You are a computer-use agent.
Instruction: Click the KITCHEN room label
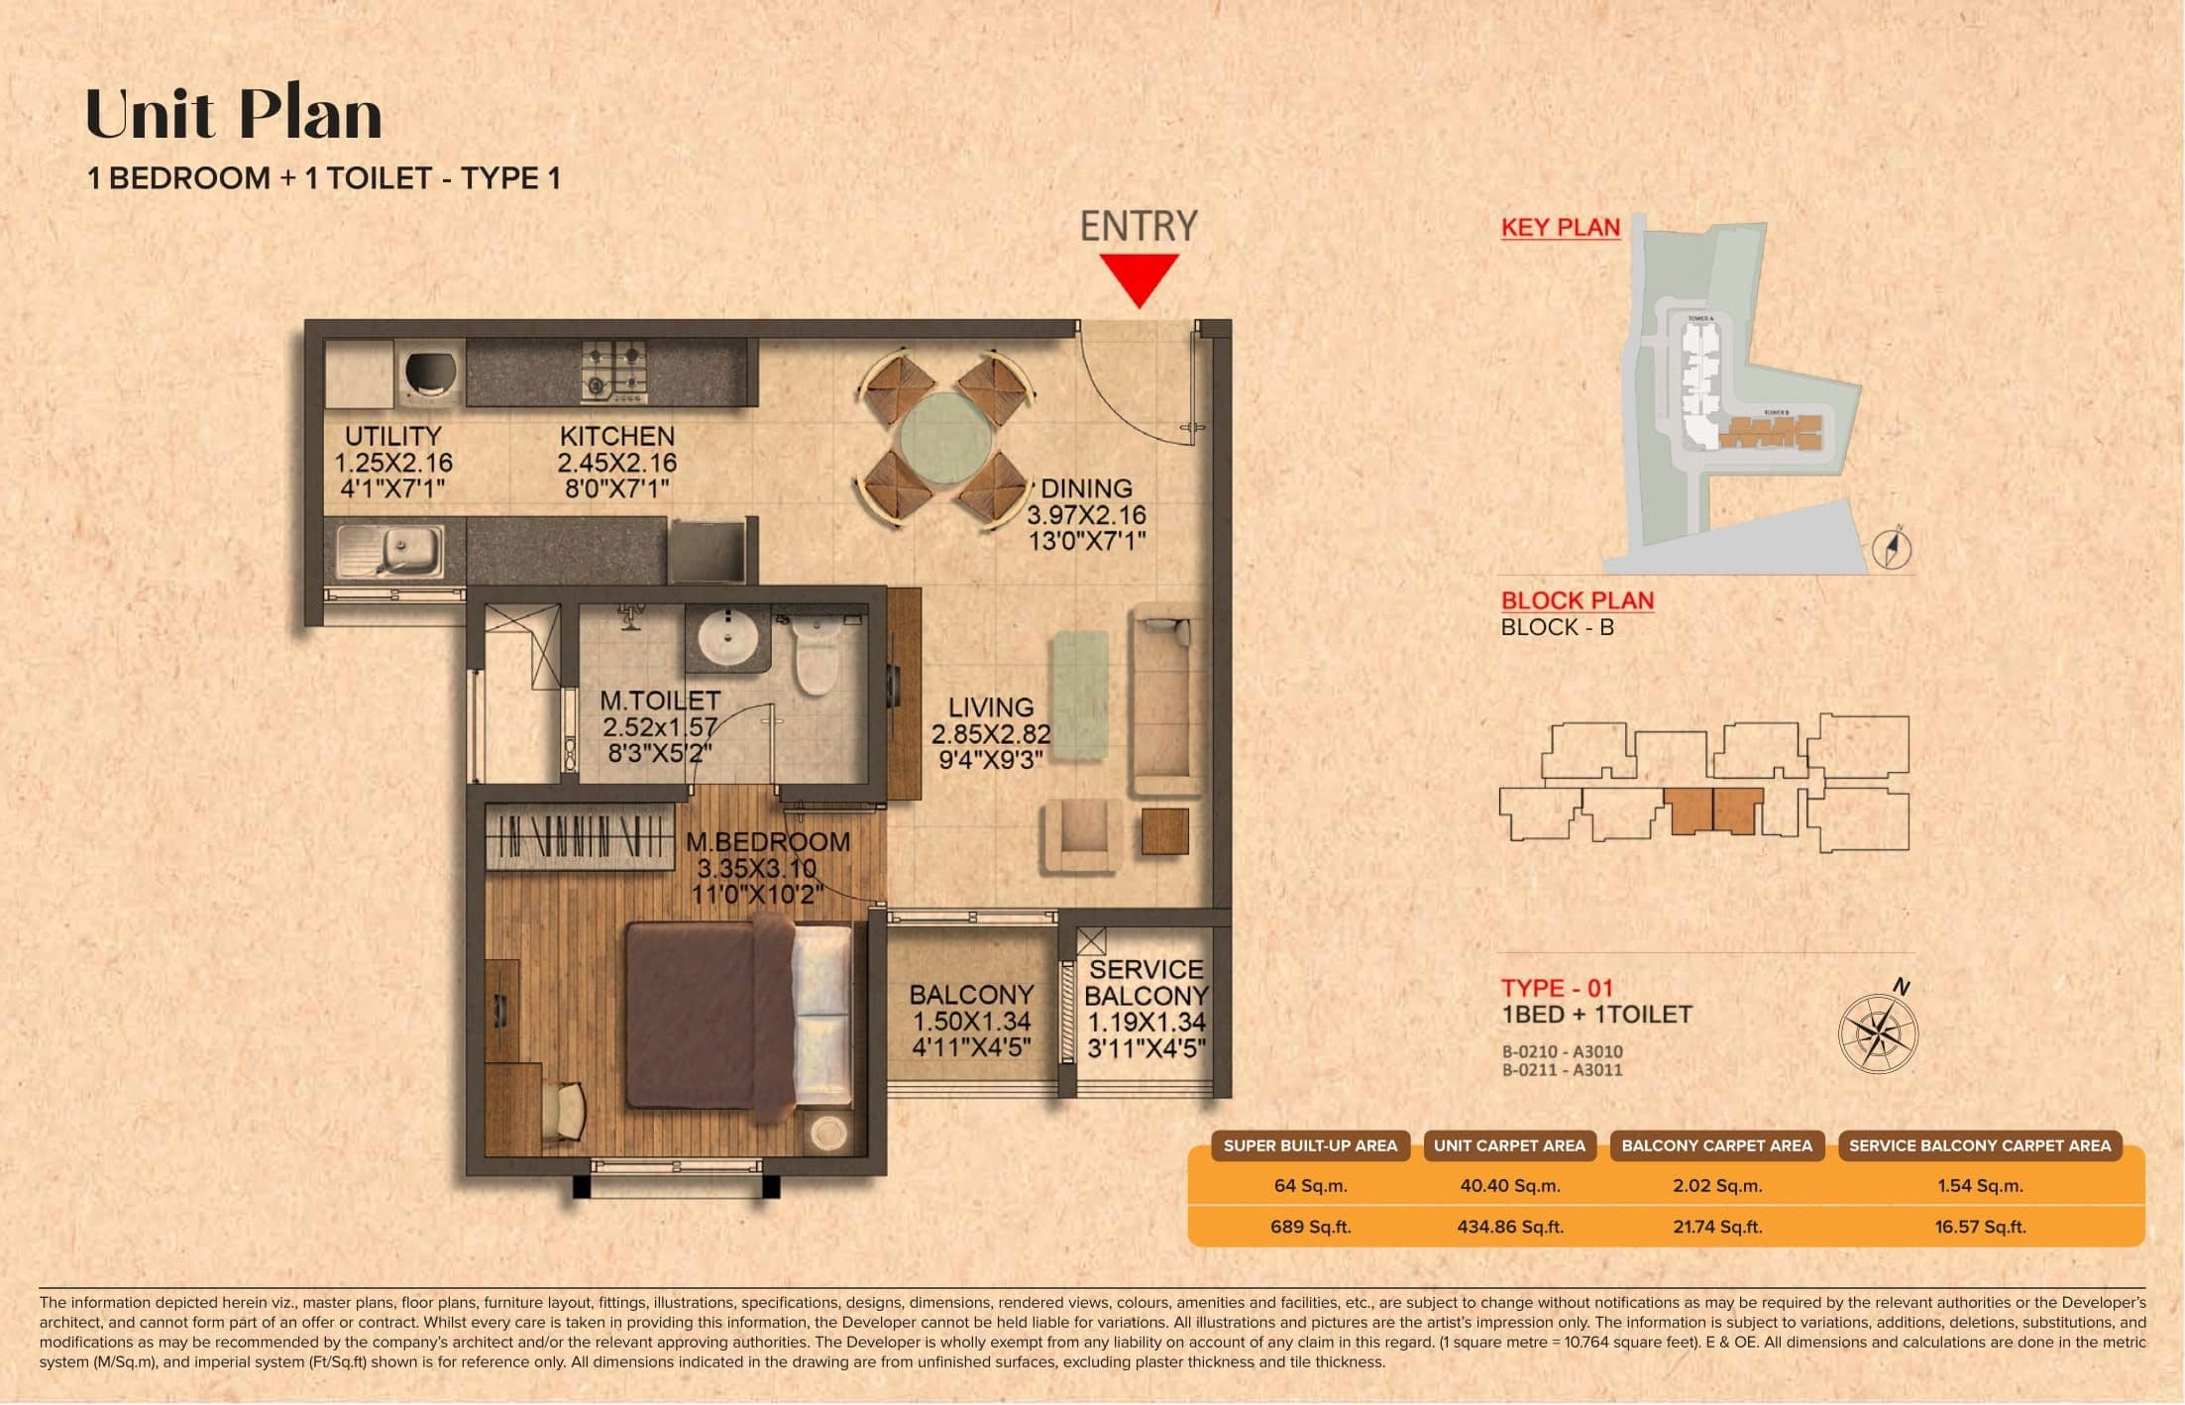(616, 436)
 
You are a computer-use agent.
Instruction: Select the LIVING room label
(990, 707)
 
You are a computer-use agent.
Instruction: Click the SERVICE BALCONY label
(1146, 982)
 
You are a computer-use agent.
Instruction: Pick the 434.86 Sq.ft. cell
(1509, 1227)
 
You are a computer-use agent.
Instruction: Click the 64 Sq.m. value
(1310, 1185)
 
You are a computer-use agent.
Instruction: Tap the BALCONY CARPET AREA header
(1716, 1145)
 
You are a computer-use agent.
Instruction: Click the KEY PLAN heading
(1560, 227)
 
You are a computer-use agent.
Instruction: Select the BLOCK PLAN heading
(1577, 600)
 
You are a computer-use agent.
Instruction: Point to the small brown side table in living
(1164, 831)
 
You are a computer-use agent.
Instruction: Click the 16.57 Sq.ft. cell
(1979, 1227)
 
